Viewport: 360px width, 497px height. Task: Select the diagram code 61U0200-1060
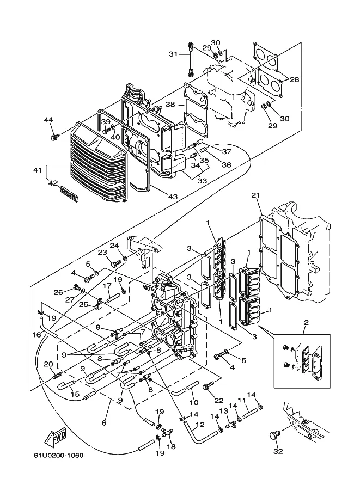pyautogui.click(x=59, y=456)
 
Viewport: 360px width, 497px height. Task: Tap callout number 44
pyautogui.click(x=48, y=120)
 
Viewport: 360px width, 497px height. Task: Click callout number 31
pyautogui.click(x=173, y=54)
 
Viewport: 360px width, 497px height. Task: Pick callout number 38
pyautogui.click(x=170, y=104)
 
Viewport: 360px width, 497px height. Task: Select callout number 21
pyautogui.click(x=255, y=195)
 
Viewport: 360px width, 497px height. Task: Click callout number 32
pyautogui.click(x=278, y=451)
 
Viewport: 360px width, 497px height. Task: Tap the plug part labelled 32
pyautogui.click(x=274, y=435)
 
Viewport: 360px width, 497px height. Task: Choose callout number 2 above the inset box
pyautogui.click(x=306, y=323)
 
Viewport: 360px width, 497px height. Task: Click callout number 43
pyautogui.click(x=173, y=197)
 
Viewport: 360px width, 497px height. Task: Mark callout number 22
pyautogui.click(x=219, y=401)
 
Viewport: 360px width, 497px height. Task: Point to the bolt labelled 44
pyautogui.click(x=55, y=137)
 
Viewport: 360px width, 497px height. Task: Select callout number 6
pyautogui.click(x=104, y=422)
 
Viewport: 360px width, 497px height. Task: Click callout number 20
pyautogui.click(x=48, y=364)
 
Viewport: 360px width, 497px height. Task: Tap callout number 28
pyautogui.click(x=294, y=79)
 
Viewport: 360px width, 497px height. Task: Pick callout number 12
pyautogui.click(x=200, y=425)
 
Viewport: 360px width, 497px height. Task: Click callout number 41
pyautogui.click(x=38, y=170)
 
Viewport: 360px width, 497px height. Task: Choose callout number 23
pyautogui.click(x=102, y=252)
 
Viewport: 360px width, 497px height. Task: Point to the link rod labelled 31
pyautogui.click(x=190, y=59)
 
